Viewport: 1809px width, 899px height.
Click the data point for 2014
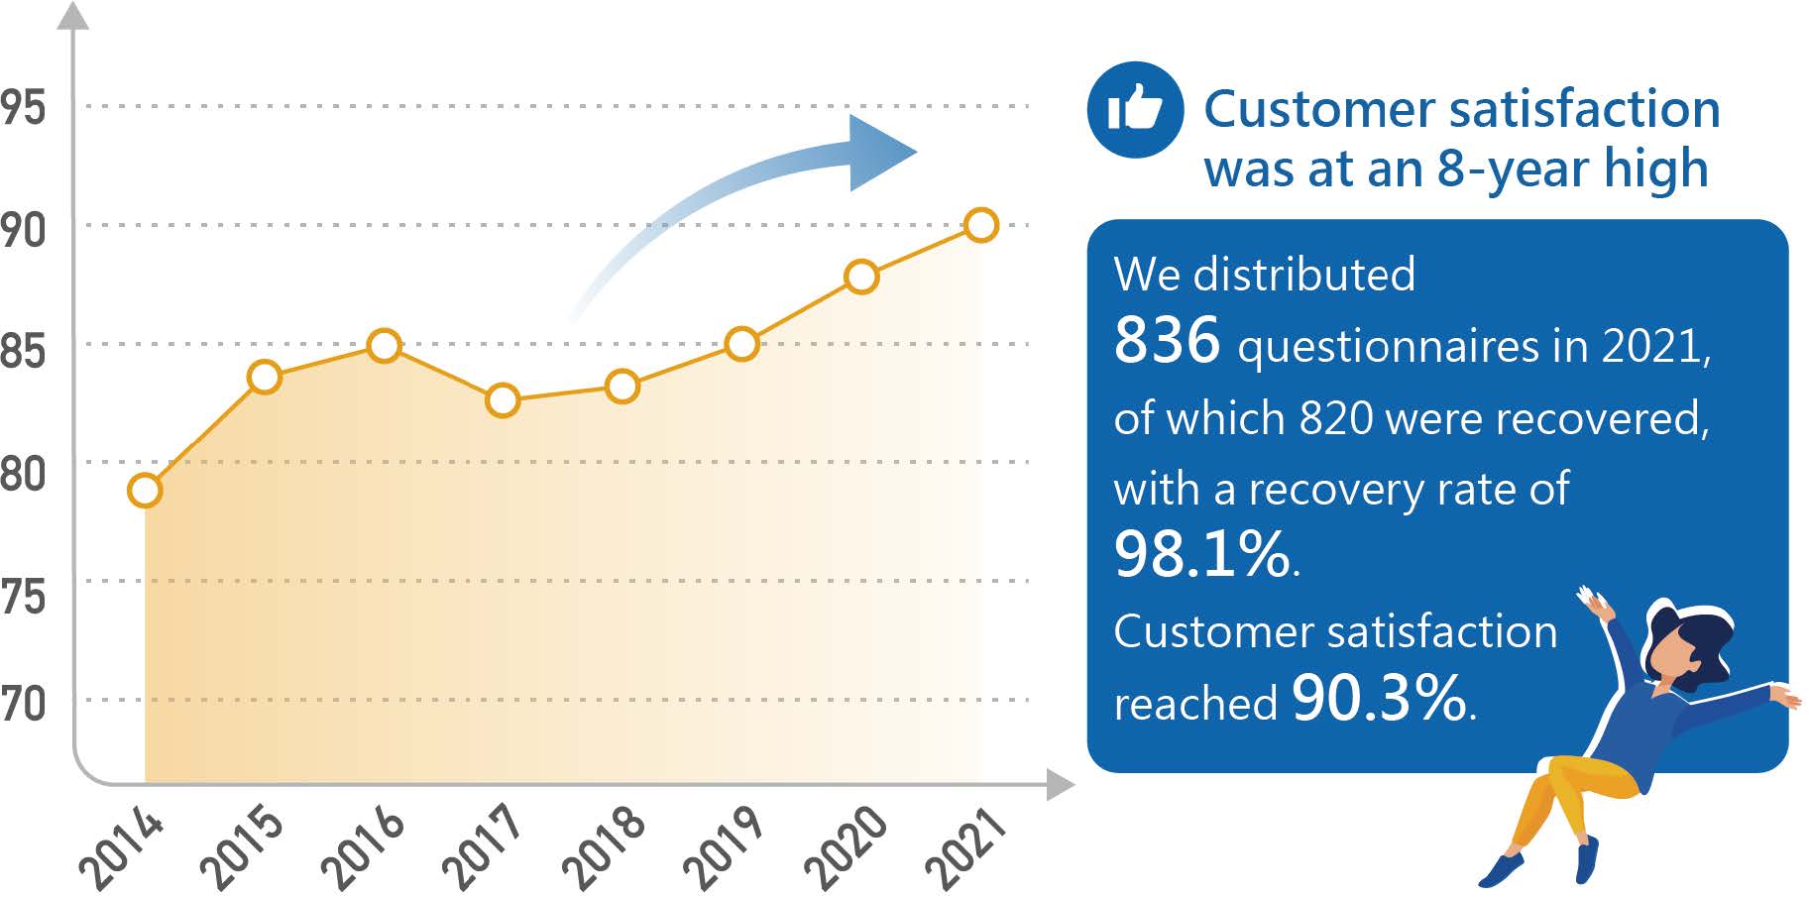click(145, 490)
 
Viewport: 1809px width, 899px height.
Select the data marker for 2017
click(503, 399)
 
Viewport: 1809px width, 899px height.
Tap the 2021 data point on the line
click(980, 225)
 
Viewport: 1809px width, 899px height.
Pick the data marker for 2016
click(384, 346)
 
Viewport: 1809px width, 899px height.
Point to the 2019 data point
click(741, 344)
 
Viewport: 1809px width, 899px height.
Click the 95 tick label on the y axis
click(23, 107)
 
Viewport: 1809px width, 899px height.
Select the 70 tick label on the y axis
click(23, 704)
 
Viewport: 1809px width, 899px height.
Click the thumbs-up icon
click(1136, 109)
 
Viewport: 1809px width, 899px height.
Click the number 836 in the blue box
click(1167, 340)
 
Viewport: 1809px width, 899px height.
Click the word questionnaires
click(1388, 347)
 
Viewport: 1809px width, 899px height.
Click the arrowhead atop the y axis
click(72, 15)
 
